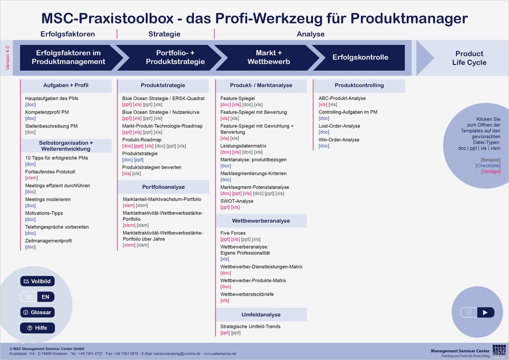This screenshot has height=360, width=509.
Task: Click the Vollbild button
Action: coord(37,281)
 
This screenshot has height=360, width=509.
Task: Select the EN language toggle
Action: coord(45,297)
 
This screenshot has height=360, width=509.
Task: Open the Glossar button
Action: coord(37,312)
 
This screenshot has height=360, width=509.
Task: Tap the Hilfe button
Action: coord(37,328)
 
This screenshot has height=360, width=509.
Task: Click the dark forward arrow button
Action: coord(485,313)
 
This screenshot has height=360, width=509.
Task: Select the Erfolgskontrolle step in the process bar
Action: coord(360,58)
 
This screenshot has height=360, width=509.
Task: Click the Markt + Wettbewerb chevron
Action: coord(268,58)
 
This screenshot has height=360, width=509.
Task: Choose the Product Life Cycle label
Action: coord(469,58)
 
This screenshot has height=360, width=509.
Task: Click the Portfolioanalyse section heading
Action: coord(163,187)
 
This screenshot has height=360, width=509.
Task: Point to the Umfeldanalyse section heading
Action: coord(261,315)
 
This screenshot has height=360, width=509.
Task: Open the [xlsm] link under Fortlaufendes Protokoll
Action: coord(31,178)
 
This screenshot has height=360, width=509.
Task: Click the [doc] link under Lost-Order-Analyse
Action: coord(324,132)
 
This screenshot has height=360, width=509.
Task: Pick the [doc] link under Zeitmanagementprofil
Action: coord(30,247)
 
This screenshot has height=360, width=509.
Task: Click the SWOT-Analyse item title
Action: coord(237,201)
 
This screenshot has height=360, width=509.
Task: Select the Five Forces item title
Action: coord(233,233)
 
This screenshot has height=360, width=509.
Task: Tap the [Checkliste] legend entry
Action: coord(488,166)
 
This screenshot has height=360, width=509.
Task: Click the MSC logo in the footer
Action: coord(499,351)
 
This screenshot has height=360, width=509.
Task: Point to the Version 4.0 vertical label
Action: coord(7,58)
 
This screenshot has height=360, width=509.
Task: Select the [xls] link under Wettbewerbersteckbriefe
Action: coord(225,300)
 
